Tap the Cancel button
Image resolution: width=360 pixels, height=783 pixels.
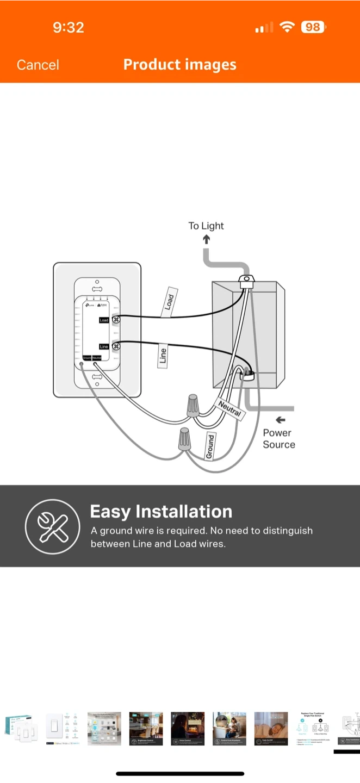pyautogui.click(x=38, y=65)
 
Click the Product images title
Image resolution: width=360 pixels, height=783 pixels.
pyautogui.click(x=180, y=64)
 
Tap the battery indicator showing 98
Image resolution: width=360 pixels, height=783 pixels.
pyautogui.click(x=313, y=27)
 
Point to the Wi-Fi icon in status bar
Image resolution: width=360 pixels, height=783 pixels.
pyautogui.click(x=286, y=27)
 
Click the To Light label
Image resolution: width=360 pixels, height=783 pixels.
pyautogui.click(x=206, y=226)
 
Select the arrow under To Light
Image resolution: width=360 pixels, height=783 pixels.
pyautogui.click(x=207, y=239)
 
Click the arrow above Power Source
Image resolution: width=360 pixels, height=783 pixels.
pyautogui.click(x=280, y=420)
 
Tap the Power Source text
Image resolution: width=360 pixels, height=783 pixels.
pyautogui.click(x=278, y=438)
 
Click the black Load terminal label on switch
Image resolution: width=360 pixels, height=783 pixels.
pyautogui.click(x=104, y=320)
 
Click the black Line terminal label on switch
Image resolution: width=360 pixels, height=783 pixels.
pyautogui.click(x=104, y=346)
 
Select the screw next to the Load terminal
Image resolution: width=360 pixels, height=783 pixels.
pyautogui.click(x=116, y=320)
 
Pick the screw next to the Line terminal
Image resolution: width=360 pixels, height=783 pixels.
pyautogui.click(x=116, y=346)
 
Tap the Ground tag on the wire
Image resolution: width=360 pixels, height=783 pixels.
pyautogui.click(x=210, y=446)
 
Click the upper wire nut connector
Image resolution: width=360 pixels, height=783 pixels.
pyautogui.click(x=192, y=406)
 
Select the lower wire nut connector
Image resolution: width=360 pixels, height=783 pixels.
pyautogui.click(x=185, y=439)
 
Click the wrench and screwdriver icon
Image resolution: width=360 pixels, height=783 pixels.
pyautogui.click(x=53, y=526)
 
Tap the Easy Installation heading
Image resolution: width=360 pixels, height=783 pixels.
pyautogui.click(x=161, y=512)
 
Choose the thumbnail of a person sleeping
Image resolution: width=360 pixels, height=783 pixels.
pyautogui.click(x=271, y=729)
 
